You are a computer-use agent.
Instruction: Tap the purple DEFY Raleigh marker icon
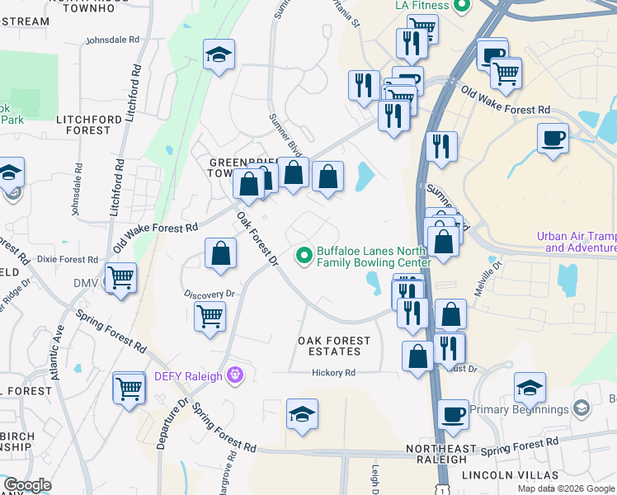[x=236, y=376]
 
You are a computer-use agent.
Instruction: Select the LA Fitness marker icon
[x=462, y=5]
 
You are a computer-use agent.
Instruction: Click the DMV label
[x=86, y=283]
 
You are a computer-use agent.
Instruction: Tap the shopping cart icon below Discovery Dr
[x=210, y=315]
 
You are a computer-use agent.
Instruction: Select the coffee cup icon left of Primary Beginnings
[x=453, y=414]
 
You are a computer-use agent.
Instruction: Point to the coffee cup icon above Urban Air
[x=552, y=137]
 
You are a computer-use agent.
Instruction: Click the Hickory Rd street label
[x=333, y=373]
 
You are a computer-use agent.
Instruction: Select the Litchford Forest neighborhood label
[x=83, y=125]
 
